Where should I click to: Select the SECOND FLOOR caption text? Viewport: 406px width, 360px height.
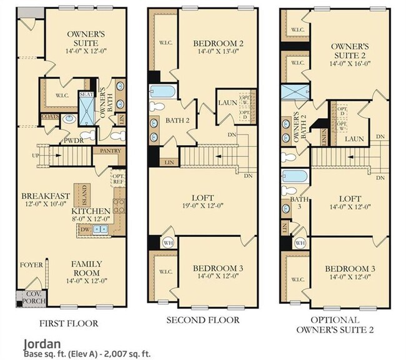[x=202, y=320]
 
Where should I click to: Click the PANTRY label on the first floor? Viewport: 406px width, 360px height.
[x=106, y=151]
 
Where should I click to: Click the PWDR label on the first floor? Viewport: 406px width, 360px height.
[x=74, y=140]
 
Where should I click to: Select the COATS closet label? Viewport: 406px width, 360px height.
[x=49, y=116]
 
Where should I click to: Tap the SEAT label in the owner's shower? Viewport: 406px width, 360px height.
[x=85, y=95]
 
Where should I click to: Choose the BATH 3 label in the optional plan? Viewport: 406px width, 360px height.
[x=295, y=203]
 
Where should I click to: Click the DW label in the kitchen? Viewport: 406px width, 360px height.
[x=85, y=230]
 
